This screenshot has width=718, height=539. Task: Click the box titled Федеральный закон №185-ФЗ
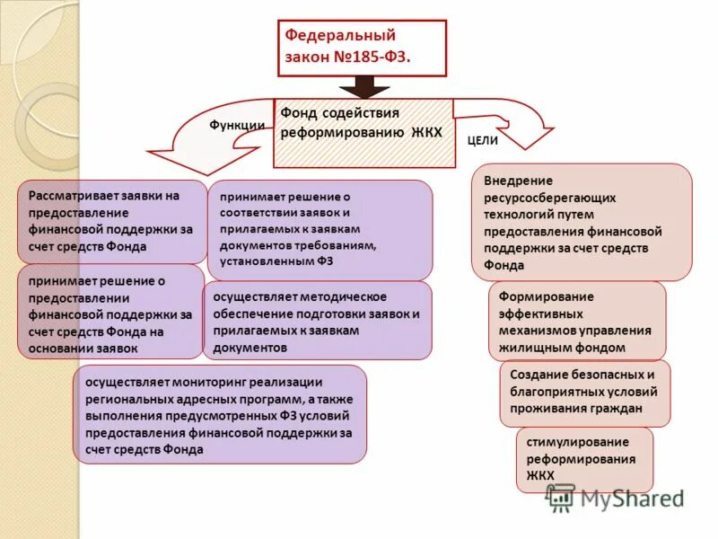pyautogui.click(x=362, y=48)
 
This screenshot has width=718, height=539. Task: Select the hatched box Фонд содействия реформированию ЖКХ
pyautogui.click(x=363, y=133)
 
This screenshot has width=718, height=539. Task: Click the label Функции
pyautogui.click(x=237, y=126)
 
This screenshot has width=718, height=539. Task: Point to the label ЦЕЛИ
pyautogui.click(x=483, y=141)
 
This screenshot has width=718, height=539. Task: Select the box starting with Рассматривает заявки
pyautogui.click(x=110, y=221)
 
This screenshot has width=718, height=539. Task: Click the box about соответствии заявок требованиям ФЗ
pyautogui.click(x=320, y=230)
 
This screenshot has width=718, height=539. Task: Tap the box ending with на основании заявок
pyautogui.click(x=110, y=313)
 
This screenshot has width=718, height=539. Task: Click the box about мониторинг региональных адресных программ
pyautogui.click(x=220, y=414)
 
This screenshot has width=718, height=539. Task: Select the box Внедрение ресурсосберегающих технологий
pyautogui.click(x=582, y=223)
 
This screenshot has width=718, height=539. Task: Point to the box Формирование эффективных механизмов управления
pyautogui.click(x=577, y=322)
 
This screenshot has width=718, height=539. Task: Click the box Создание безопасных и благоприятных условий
pyautogui.click(x=584, y=393)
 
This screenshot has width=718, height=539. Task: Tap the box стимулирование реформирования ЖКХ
pyautogui.click(x=584, y=459)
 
